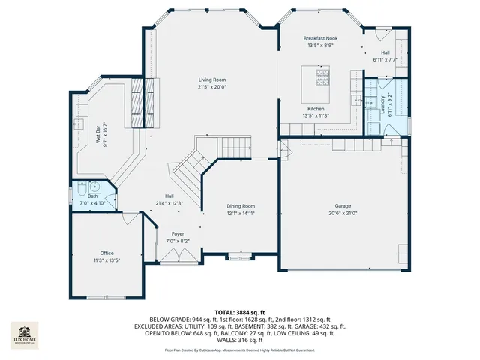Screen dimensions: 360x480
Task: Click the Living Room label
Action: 212,79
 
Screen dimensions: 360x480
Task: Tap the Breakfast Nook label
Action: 320,37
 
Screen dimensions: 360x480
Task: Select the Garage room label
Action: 343,205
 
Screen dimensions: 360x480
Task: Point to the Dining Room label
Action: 241,206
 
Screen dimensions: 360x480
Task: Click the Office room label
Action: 107,253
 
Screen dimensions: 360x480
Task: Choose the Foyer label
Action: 178,234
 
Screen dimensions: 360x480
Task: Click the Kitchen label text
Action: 316,109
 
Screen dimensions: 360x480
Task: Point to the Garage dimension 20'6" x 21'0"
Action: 343,213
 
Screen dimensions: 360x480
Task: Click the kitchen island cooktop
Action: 322,74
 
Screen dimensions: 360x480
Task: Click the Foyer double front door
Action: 178,255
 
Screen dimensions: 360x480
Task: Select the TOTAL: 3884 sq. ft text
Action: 240,311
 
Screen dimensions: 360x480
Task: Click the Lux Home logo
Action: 25,334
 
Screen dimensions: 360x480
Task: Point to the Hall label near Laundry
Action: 385,52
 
